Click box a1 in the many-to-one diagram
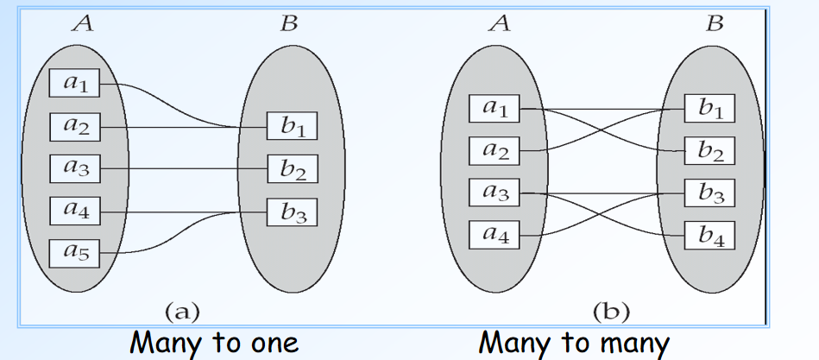(74, 84)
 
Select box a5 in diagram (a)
(74, 252)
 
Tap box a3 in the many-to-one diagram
(74, 167)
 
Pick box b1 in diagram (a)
(292, 127)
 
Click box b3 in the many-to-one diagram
(292, 212)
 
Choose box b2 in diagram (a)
(292, 169)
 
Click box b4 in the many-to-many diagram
(710, 234)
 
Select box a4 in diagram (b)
(495, 234)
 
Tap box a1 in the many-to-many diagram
(495, 109)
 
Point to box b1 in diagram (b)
(710, 109)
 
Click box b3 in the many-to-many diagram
(710, 192)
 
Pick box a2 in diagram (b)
(495, 151)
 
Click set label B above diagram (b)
(714, 23)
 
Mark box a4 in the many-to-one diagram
(74, 210)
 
